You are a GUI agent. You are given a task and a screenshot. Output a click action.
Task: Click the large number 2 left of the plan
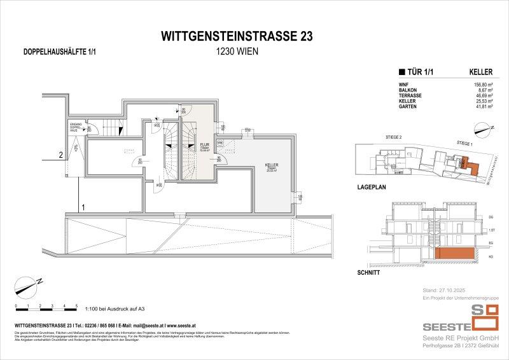60,154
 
